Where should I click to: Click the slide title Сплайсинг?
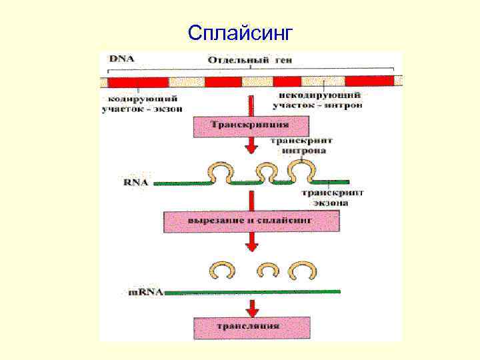click(239, 31)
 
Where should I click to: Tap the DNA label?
click(121, 59)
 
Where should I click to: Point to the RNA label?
click(136, 181)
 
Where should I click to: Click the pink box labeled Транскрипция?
click(250, 125)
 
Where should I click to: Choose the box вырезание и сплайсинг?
click(251, 220)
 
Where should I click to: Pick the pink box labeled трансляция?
click(251, 327)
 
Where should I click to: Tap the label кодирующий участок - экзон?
click(141, 103)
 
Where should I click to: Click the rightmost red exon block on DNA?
click(378, 82)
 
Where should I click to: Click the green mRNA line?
click(253, 292)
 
